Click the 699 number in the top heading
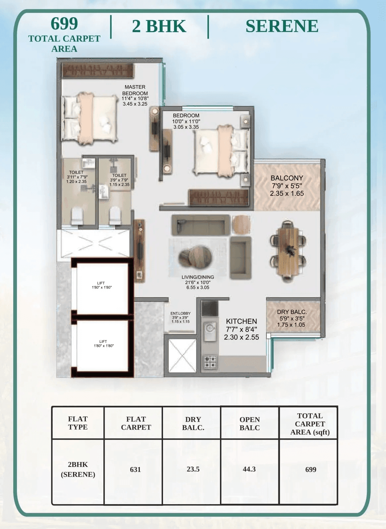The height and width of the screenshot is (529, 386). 64,24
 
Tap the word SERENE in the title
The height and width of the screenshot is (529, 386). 282,26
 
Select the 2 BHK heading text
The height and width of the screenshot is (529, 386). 159,26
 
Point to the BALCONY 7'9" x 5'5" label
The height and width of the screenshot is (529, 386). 287,185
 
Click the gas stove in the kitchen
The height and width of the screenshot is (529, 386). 210,362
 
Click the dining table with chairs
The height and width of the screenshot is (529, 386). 288,251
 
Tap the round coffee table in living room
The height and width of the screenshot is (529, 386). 195,257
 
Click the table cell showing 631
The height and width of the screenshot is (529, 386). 135,469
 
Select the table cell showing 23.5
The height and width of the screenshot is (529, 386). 193,469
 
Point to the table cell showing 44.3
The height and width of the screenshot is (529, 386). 249,469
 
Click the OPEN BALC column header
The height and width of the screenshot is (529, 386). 249,423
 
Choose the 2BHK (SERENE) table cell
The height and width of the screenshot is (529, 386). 78,469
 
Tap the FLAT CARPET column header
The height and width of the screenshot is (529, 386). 136,423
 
